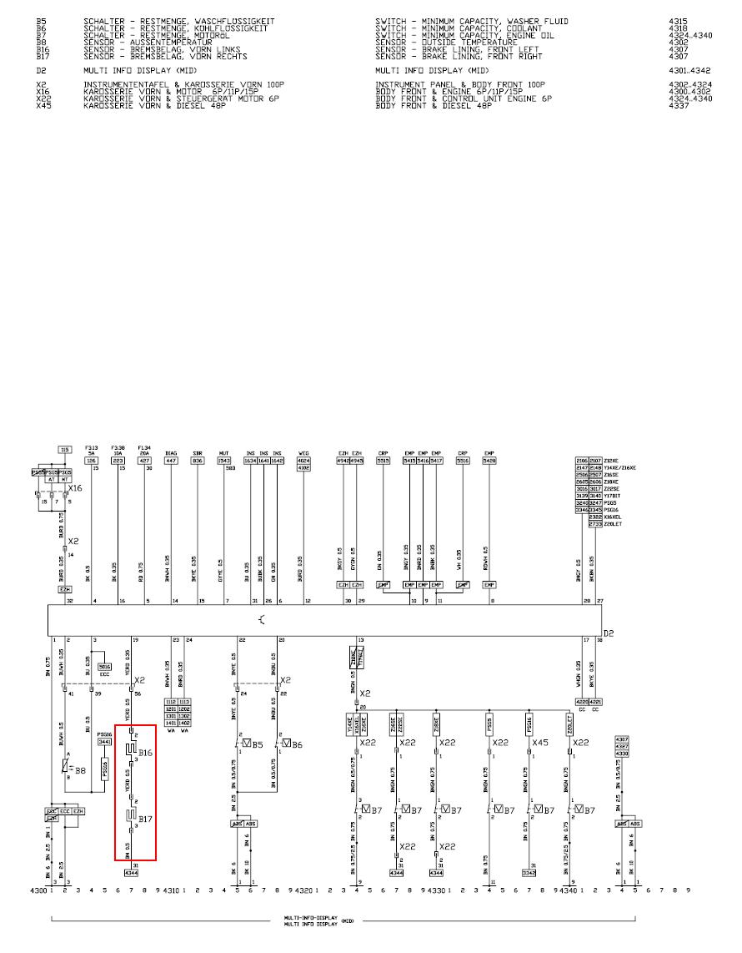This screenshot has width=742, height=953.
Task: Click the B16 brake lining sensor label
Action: coord(146,753)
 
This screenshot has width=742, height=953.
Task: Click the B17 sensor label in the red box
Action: coord(146,819)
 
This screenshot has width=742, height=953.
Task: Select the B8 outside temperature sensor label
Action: coord(81,771)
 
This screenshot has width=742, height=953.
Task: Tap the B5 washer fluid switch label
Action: coord(258,744)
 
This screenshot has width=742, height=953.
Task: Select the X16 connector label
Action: coord(76,487)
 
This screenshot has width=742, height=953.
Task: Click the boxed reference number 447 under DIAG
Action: coord(171,461)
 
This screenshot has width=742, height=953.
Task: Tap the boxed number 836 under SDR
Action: coord(198,461)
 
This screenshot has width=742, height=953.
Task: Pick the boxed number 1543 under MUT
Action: coord(224,461)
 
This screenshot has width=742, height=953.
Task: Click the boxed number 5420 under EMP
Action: coord(489,461)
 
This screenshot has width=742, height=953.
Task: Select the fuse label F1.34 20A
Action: coord(145,451)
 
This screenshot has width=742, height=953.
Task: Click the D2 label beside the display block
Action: coord(609,633)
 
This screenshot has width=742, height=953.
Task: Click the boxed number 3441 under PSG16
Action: coord(105,741)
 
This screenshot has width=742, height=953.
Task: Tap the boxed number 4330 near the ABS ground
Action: coord(622,754)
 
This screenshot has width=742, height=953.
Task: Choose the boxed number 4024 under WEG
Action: coord(304,461)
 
